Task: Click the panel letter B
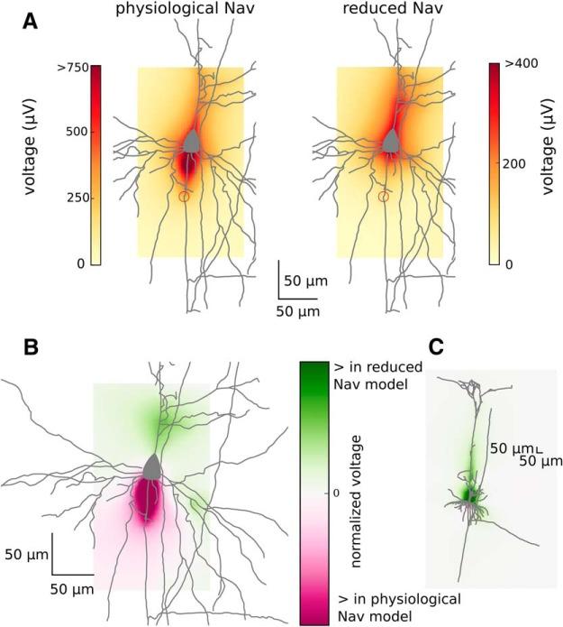click(30, 346)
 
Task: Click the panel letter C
click(435, 346)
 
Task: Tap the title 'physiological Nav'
click(177, 10)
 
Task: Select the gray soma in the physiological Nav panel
click(190, 141)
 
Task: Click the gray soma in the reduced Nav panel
click(390, 141)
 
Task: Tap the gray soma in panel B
click(152, 466)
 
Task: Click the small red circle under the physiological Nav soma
click(185, 196)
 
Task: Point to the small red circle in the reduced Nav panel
click(384, 196)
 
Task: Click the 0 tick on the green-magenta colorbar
click(336, 493)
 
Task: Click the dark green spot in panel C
click(468, 493)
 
